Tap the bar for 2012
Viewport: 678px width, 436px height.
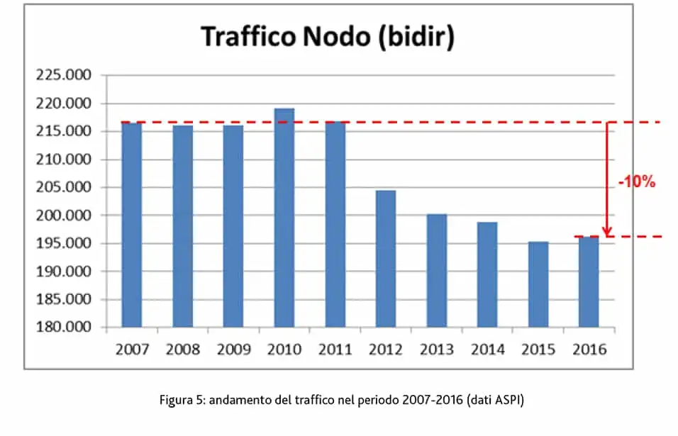pyautogui.click(x=386, y=259)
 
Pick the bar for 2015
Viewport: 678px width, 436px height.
pyautogui.click(x=538, y=284)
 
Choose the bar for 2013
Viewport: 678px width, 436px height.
pyautogui.click(x=437, y=270)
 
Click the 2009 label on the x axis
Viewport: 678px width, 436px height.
pyautogui.click(x=233, y=350)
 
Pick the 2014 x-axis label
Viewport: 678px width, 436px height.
pyautogui.click(x=487, y=350)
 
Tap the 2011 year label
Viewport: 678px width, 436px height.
pyautogui.click(x=335, y=350)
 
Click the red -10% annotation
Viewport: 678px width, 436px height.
pyautogui.click(x=637, y=182)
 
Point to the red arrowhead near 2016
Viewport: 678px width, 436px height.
pyautogui.click(x=607, y=232)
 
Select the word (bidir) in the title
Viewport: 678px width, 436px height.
pyautogui.click(x=413, y=36)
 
